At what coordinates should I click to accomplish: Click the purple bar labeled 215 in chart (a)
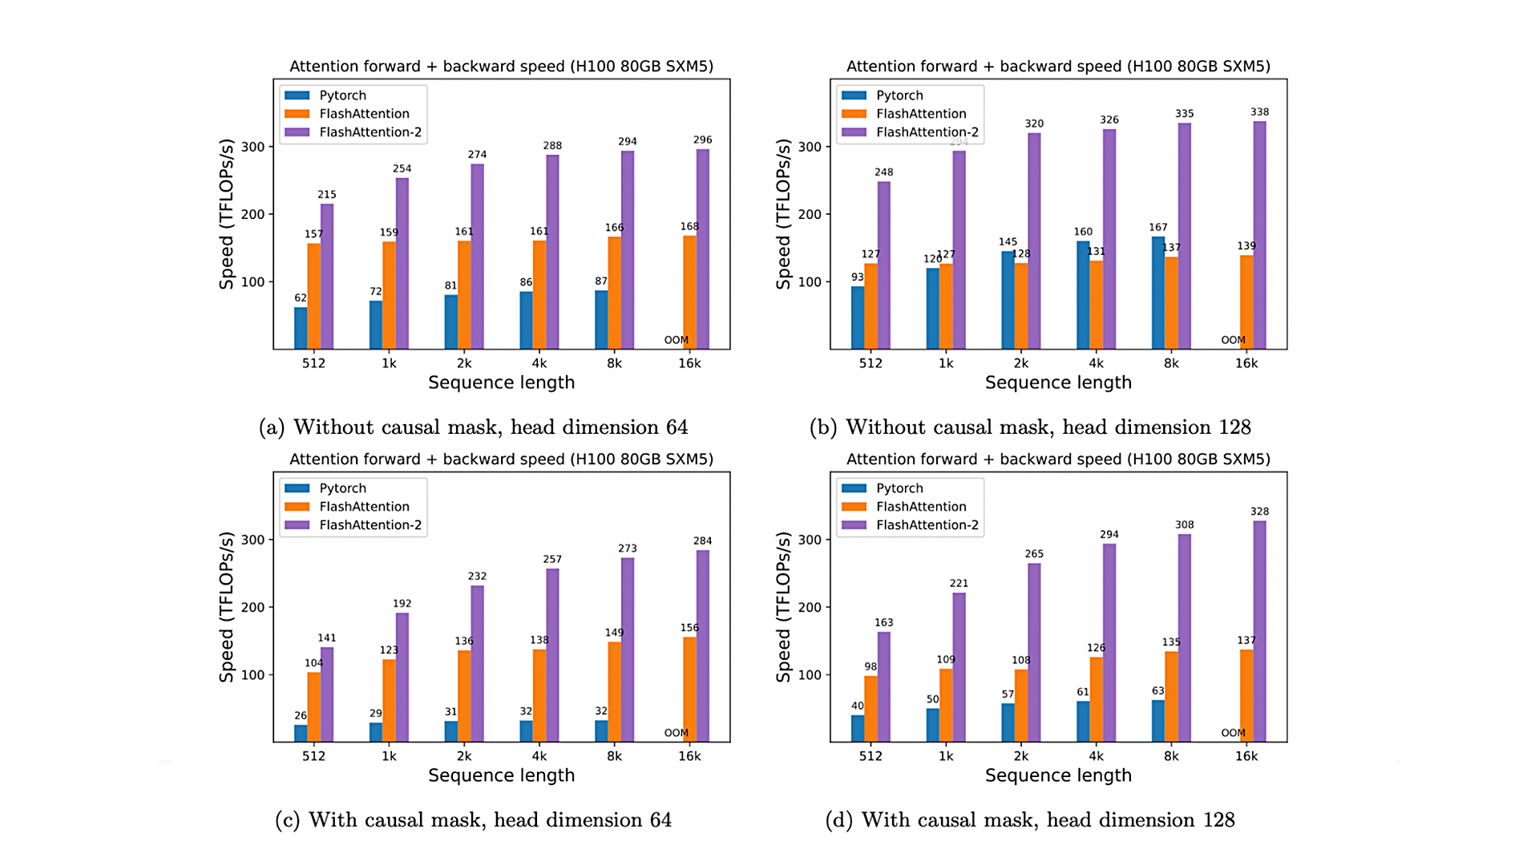(x=327, y=277)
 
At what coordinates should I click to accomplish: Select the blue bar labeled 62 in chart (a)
(x=301, y=328)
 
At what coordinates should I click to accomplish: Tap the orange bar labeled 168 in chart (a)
(x=689, y=293)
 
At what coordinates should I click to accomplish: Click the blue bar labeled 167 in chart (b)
(x=1158, y=293)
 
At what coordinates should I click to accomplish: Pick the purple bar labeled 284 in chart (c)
(x=702, y=645)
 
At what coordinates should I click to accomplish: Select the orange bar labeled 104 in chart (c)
(x=313, y=706)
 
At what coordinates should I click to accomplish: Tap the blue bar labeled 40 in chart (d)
(x=858, y=728)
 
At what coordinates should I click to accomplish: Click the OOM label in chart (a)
(x=676, y=340)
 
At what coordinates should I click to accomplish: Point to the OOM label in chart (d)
(x=1233, y=733)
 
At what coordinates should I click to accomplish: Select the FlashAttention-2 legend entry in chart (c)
(x=370, y=525)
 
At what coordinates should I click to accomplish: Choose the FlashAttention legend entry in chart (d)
(x=921, y=507)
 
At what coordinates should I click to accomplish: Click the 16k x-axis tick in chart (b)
(x=1246, y=363)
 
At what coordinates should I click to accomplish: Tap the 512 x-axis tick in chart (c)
(x=313, y=756)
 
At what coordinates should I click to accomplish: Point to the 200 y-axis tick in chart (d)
(x=810, y=607)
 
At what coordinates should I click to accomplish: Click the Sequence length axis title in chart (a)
(x=501, y=382)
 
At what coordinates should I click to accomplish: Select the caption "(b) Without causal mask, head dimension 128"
(x=1030, y=427)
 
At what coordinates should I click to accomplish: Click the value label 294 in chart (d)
(x=1109, y=534)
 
